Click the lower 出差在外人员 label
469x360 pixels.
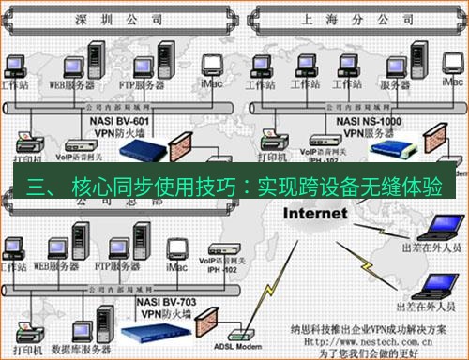[x=426, y=306]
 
